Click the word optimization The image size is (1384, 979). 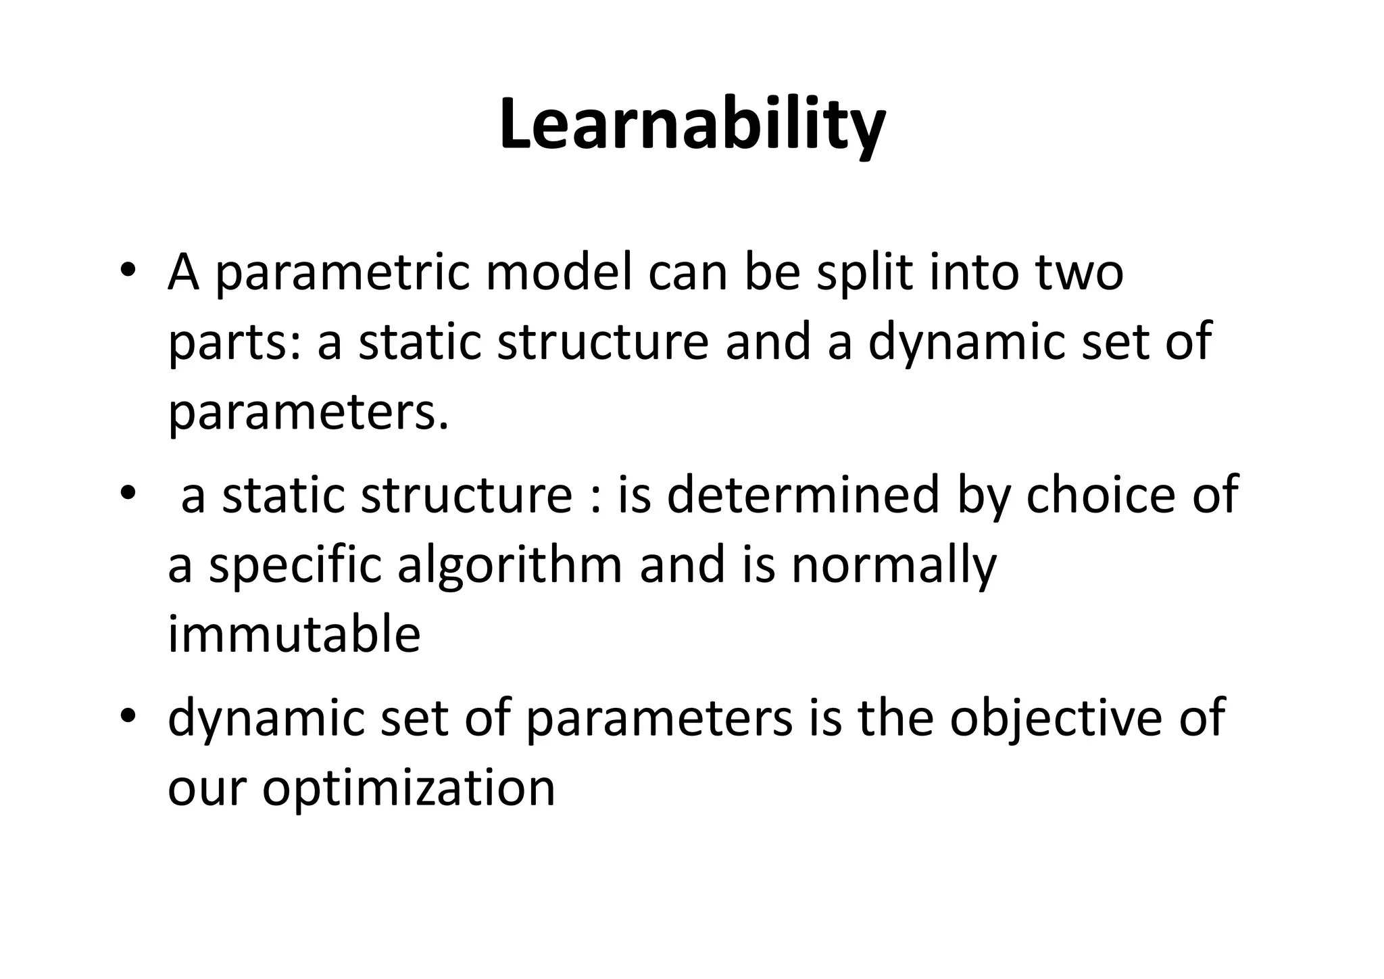(408, 788)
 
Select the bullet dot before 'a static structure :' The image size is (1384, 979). (128, 494)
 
